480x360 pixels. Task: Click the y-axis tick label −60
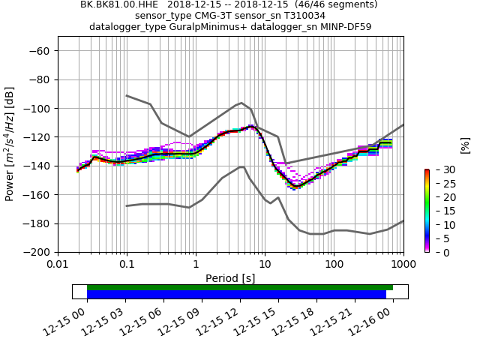pos(40,51)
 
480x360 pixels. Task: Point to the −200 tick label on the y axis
pos(37,252)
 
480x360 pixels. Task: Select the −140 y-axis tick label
pos(37,166)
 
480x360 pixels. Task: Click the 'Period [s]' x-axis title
pos(230,278)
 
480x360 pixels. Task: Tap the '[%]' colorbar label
pos(465,145)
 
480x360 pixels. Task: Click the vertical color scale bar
pos(427,211)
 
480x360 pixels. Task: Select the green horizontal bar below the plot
pos(240,287)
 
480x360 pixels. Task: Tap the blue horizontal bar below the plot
pos(236,295)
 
